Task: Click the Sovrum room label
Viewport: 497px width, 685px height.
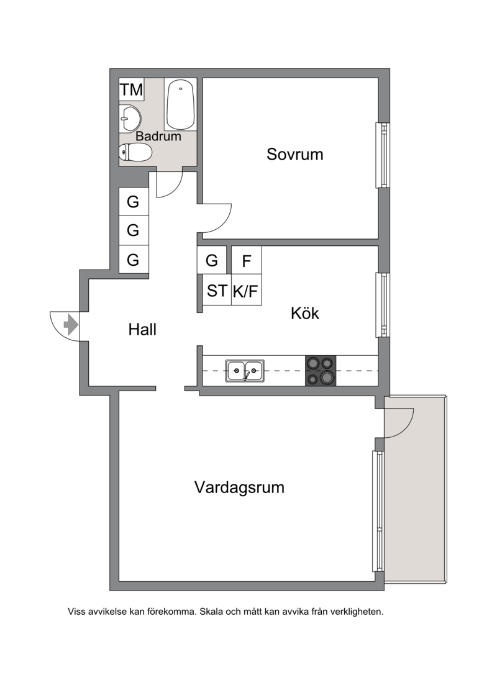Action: pos(294,154)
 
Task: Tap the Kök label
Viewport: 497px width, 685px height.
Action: pos(304,313)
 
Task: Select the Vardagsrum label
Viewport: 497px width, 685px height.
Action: pos(239,487)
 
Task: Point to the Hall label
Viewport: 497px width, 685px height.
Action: pos(142,329)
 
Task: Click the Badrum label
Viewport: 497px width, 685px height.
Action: pos(158,136)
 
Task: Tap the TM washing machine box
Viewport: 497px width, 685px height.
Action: pos(132,89)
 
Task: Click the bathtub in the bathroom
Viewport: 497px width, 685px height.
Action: pos(180,104)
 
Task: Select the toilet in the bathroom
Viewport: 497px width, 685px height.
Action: pos(135,153)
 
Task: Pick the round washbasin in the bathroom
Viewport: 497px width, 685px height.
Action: pos(130,119)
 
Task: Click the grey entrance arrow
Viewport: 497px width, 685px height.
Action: pos(71,325)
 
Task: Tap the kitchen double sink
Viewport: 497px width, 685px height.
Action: pos(245,371)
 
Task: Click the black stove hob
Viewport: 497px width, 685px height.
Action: pos(321,371)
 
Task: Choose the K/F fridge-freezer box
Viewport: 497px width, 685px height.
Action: pos(246,290)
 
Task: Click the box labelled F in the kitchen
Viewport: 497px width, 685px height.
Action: pos(246,261)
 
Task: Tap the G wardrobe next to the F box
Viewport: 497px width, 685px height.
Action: pos(212,260)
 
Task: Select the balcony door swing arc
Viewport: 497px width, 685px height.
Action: pos(408,429)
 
